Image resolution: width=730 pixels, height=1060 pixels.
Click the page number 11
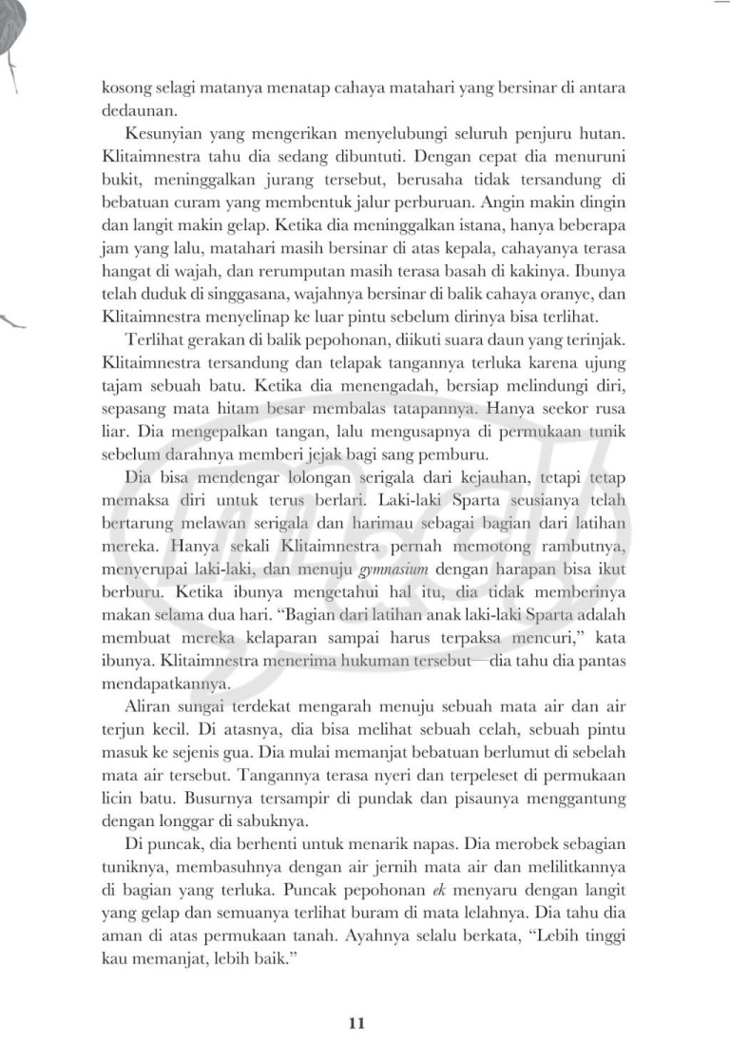[x=356, y=1023]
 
